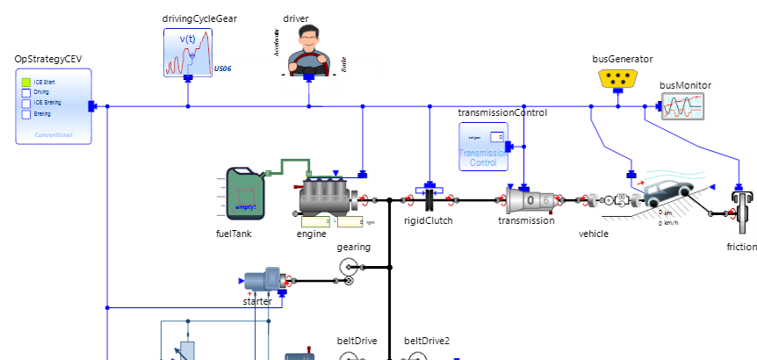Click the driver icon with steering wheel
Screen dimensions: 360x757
tap(309, 49)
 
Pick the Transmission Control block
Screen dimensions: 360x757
tap(483, 146)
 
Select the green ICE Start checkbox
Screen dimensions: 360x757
tap(26, 82)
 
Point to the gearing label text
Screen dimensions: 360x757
tap(354, 247)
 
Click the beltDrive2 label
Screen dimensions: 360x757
tap(427, 341)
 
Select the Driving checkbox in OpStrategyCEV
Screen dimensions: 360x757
tap(26, 92)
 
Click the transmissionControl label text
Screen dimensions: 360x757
tap(502, 113)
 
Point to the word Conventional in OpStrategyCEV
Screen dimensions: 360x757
tap(54, 135)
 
